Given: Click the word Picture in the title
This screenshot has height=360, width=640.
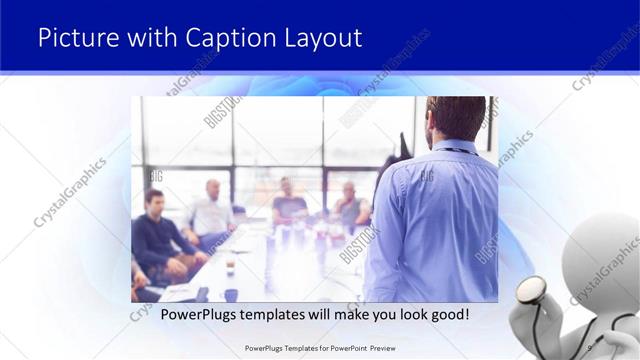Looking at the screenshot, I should tap(77, 37).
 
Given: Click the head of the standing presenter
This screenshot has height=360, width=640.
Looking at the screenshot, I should tap(455, 118).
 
